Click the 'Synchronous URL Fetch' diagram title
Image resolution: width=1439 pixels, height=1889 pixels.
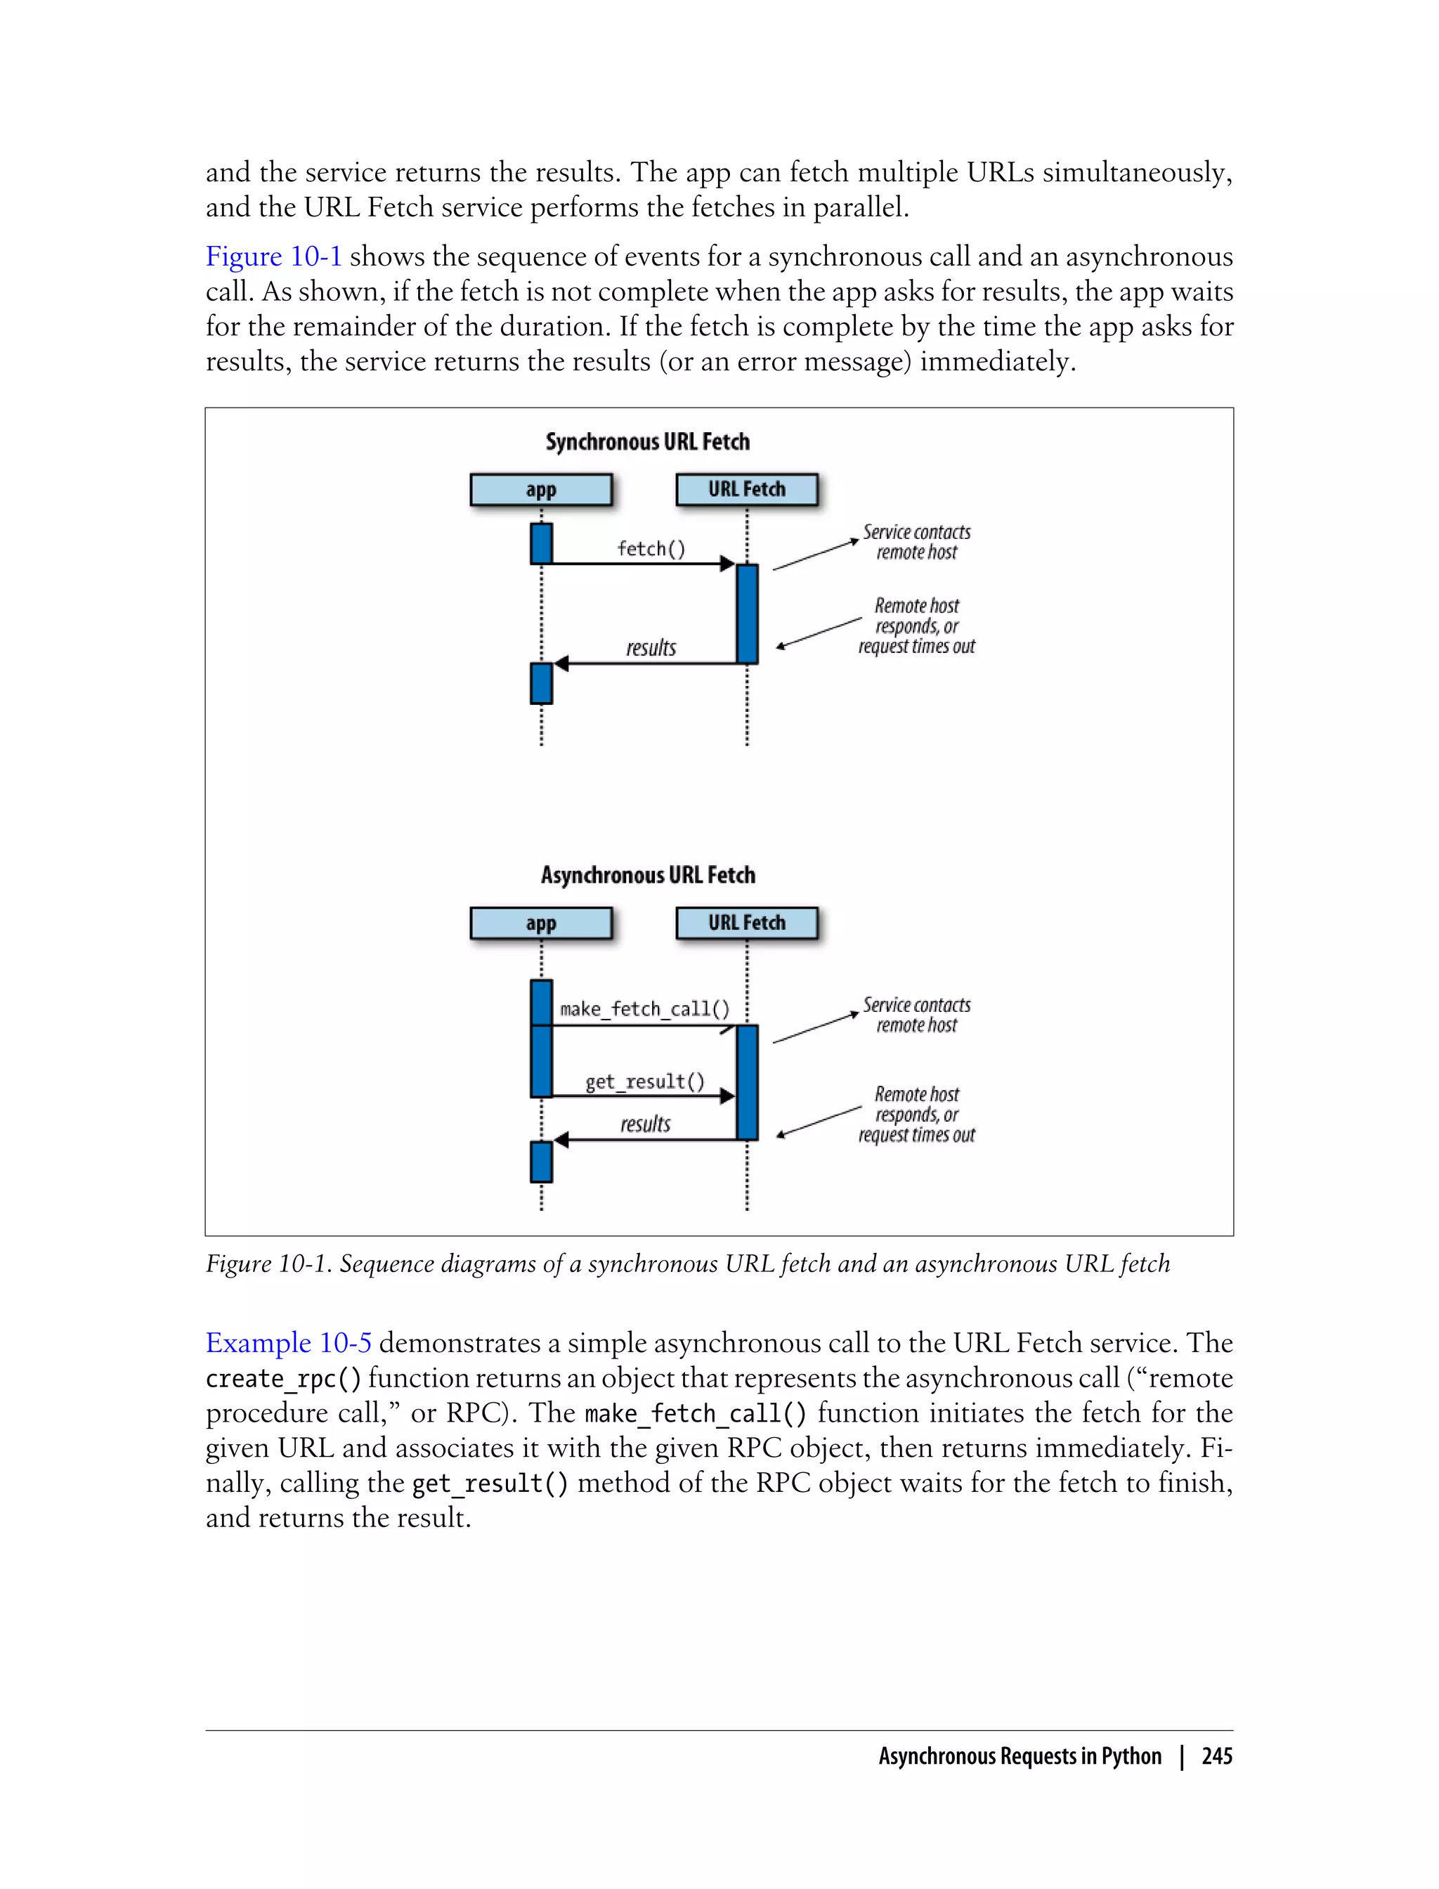click(648, 442)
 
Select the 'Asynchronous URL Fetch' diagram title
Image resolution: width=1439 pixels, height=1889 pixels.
click(648, 876)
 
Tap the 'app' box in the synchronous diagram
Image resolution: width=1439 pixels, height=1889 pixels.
click(540, 490)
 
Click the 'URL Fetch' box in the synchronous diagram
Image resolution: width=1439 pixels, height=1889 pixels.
click(746, 490)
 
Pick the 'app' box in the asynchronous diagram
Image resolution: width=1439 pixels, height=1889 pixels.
click(540, 923)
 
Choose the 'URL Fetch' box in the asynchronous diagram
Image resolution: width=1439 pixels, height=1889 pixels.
click(746, 923)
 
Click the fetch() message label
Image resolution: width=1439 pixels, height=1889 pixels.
click(651, 549)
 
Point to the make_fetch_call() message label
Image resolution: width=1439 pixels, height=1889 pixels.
click(644, 1009)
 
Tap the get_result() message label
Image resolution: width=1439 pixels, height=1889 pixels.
click(645, 1082)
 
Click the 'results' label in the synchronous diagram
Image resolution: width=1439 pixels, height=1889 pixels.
click(651, 649)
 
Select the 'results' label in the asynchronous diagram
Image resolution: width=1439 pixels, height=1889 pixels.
click(645, 1124)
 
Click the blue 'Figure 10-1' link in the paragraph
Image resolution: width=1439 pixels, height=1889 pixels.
click(273, 256)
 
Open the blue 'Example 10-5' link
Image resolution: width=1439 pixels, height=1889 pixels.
click(288, 1342)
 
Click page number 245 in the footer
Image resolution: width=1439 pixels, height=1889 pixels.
click(1216, 1757)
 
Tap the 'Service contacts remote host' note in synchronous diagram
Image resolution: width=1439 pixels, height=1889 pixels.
click(916, 543)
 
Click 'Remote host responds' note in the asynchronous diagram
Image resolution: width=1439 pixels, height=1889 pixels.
click(916, 1115)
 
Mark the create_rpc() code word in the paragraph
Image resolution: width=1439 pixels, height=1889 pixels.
click(282, 1378)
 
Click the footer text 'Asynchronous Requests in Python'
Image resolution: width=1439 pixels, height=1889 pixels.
click(1020, 1757)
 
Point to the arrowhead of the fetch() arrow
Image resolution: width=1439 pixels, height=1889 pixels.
click(727, 564)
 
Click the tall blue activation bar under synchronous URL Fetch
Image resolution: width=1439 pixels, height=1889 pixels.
click(747, 614)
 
